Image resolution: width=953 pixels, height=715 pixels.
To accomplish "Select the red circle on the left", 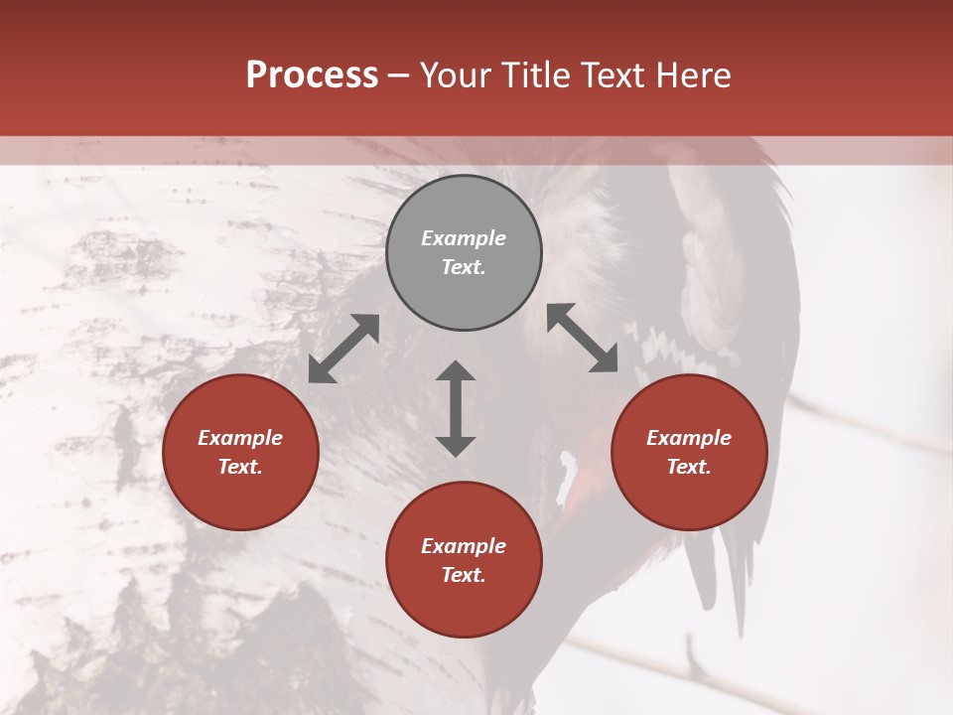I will tap(240, 452).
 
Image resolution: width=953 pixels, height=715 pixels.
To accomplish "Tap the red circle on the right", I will tap(689, 452).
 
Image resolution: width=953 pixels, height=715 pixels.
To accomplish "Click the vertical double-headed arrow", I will tap(456, 408).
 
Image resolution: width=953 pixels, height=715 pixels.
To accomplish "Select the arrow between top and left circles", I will tap(343, 349).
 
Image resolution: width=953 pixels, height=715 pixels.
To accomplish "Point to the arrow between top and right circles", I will tap(583, 338).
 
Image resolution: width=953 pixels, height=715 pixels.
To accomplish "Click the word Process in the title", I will tap(312, 75).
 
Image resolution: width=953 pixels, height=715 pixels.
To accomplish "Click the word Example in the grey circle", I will tap(464, 238).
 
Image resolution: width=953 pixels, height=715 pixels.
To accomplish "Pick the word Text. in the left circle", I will tap(240, 467).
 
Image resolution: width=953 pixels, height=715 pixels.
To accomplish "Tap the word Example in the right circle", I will tap(689, 438).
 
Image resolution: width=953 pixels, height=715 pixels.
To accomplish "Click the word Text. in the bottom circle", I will tap(464, 575).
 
